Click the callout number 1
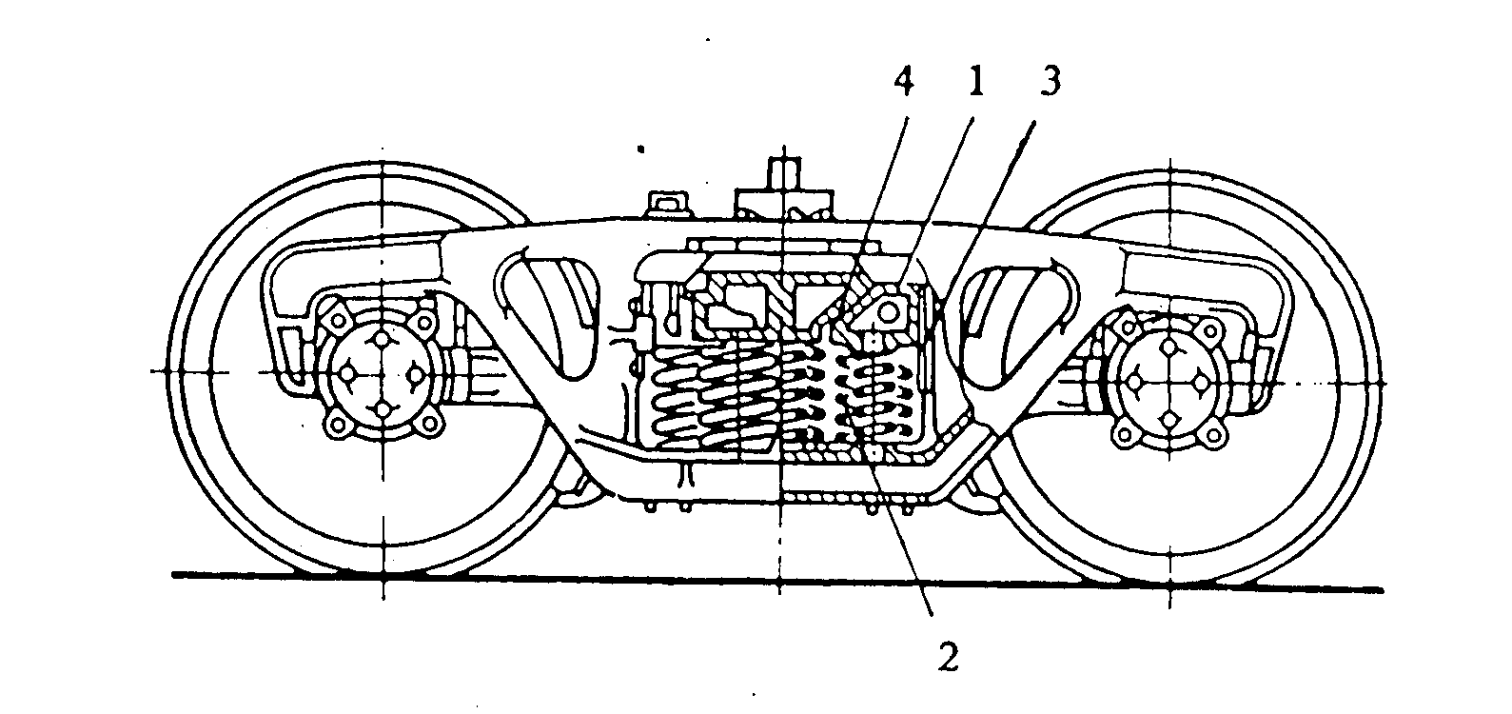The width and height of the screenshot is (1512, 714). coord(973,83)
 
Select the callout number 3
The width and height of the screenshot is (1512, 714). coord(1048,83)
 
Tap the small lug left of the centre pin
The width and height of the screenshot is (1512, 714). coord(666,202)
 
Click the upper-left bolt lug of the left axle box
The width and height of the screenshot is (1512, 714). coord(334,312)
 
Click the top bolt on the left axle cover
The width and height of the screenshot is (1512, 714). coord(382,340)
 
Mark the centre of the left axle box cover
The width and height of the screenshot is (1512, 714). coord(382,374)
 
